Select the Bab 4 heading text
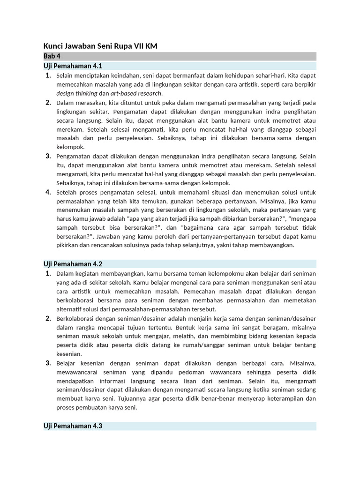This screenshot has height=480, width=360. click(52, 56)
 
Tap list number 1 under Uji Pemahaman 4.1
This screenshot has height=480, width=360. click(48, 75)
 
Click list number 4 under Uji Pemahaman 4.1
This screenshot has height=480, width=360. click(48, 192)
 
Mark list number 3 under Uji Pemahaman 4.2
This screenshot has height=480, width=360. click(48, 363)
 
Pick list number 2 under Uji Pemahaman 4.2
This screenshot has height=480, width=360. click(48, 318)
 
